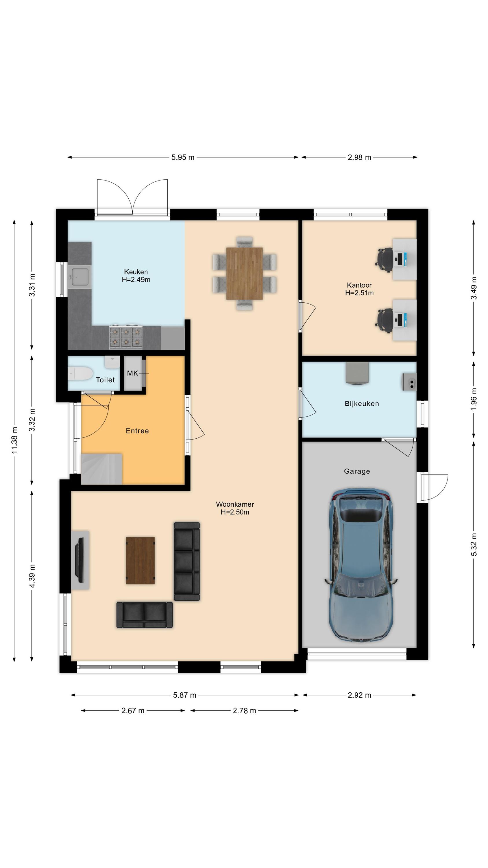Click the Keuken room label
(x=136, y=272)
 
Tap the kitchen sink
(x=80, y=277)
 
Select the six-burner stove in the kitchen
(x=126, y=337)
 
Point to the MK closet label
(x=132, y=373)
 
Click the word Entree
(x=137, y=431)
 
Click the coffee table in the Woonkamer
(x=140, y=560)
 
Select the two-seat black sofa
(x=145, y=615)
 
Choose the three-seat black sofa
(x=186, y=561)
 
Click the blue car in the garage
(x=361, y=565)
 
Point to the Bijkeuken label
(x=362, y=403)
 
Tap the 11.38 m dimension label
(x=14, y=440)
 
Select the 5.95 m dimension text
(x=183, y=157)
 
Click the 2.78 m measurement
(x=245, y=711)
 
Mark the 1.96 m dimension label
(x=474, y=399)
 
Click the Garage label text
(x=357, y=471)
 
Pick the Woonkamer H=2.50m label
(x=235, y=508)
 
